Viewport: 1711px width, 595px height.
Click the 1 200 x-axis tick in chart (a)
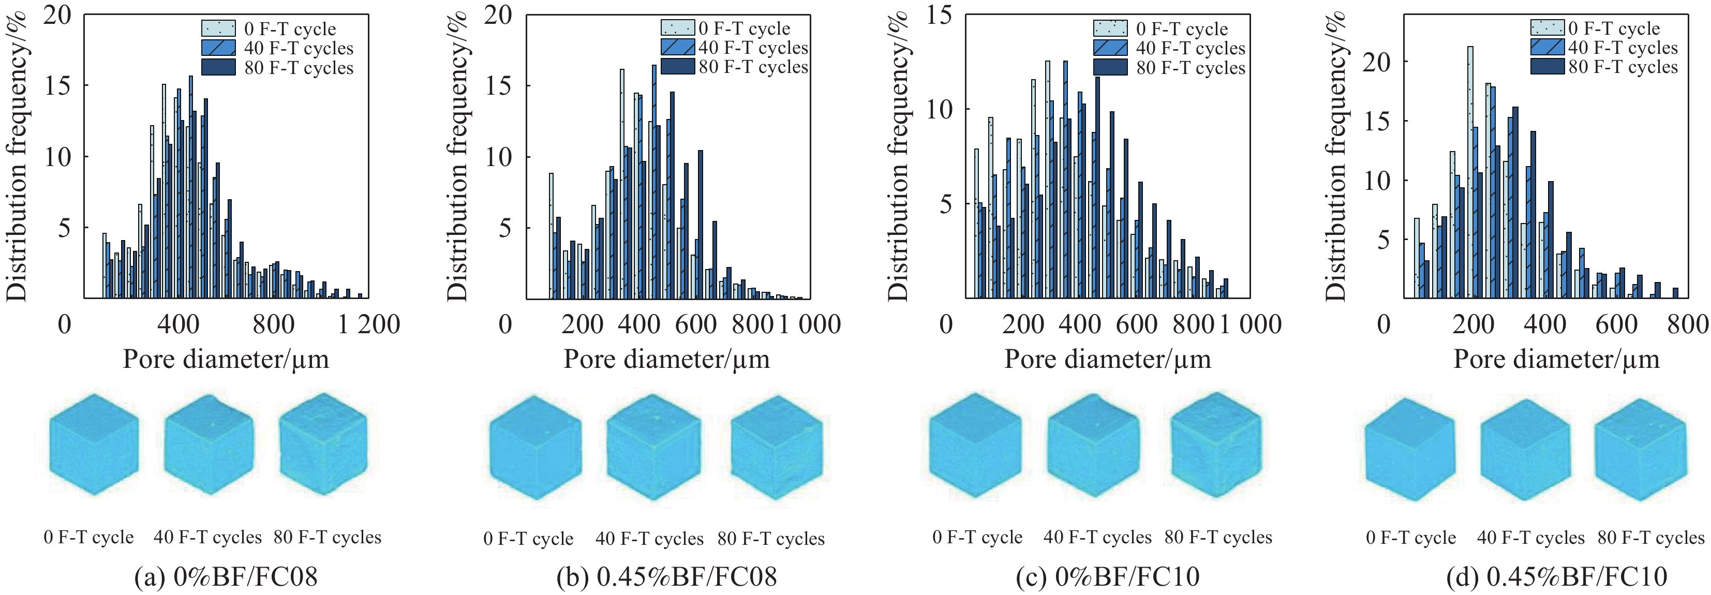(368, 325)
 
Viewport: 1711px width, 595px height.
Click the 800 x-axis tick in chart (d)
(1688, 325)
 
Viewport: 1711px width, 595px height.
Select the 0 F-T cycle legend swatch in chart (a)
(218, 28)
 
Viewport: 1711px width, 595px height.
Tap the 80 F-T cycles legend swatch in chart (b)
(677, 67)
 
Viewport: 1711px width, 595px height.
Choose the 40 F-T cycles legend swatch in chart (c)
(1110, 48)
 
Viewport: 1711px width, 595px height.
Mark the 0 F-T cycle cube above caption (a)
(94, 445)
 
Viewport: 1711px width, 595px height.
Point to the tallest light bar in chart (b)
(622, 183)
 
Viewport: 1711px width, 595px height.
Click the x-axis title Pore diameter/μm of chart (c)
(1107, 359)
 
